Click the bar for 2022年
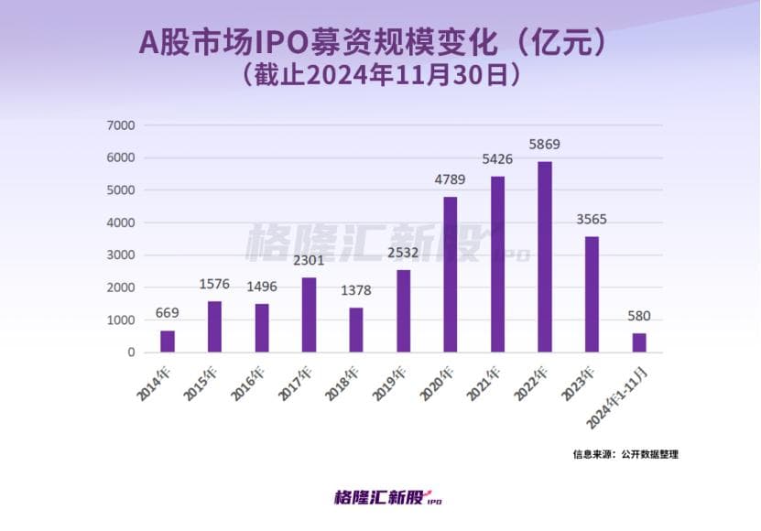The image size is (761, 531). click(545, 257)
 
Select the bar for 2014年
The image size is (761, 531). click(168, 341)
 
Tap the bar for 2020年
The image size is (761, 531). click(451, 275)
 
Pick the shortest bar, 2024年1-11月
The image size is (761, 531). click(639, 342)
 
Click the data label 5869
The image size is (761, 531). click(545, 145)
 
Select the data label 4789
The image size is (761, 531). click(451, 179)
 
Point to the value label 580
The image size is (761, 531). click(639, 317)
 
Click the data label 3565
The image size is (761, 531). click(592, 220)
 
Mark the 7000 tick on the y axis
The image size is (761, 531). click(121, 125)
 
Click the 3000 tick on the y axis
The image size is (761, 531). click(121, 255)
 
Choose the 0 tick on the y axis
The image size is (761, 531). click(132, 352)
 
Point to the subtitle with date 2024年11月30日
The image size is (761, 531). click(380, 73)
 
